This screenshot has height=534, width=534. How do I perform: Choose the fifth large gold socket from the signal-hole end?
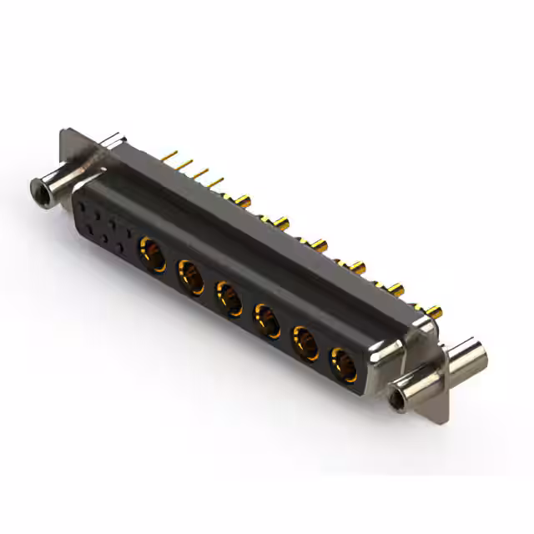pos(305,341)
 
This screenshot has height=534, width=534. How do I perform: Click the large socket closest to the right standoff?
pos(342,364)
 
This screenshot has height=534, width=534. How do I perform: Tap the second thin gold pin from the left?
pos(185,164)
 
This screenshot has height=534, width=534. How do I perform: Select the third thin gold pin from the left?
pos(201,172)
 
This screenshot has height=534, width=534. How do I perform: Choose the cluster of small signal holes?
pos(103,220)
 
